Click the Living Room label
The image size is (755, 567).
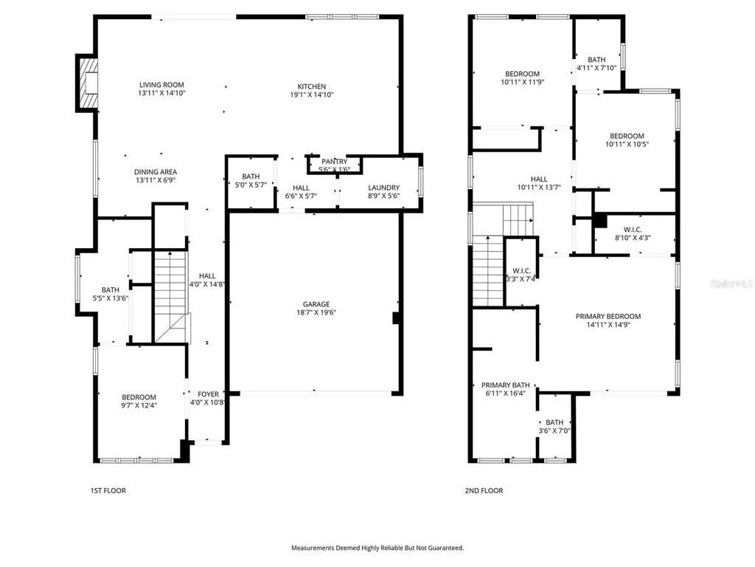click(x=161, y=85)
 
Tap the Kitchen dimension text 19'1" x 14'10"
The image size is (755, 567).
click(x=312, y=95)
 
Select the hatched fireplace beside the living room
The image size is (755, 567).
click(x=88, y=83)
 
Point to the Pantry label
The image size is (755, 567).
click(x=334, y=162)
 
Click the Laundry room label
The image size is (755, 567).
click(x=383, y=188)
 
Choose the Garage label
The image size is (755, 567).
click(x=316, y=304)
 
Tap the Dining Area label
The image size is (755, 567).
click(x=156, y=172)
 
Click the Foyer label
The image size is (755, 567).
click(x=208, y=394)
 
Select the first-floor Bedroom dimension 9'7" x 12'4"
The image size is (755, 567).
click(x=139, y=405)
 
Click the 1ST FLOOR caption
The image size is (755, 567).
click(x=108, y=491)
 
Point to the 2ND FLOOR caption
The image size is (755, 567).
click(x=484, y=491)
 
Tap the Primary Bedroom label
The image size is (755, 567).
click(x=608, y=317)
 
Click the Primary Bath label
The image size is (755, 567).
click(x=506, y=385)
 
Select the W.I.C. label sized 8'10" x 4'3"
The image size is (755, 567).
click(x=633, y=230)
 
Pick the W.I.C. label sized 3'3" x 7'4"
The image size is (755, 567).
click(x=521, y=271)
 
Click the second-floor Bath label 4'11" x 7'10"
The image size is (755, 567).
click(x=596, y=60)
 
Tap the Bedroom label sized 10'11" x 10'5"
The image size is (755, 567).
click(x=627, y=137)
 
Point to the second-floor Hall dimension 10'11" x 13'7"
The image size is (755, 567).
click(x=539, y=188)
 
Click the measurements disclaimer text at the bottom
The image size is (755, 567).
click(x=377, y=549)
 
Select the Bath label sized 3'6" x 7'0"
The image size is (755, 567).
click(x=554, y=422)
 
